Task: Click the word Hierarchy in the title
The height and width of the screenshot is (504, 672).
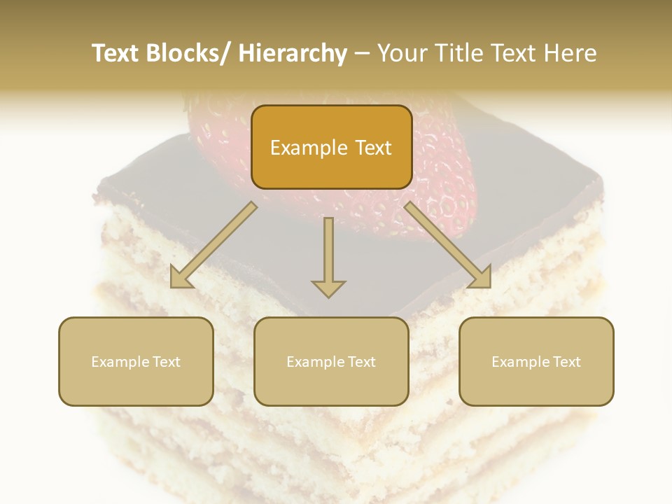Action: click(293, 54)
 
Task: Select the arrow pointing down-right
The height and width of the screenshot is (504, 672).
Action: click(448, 245)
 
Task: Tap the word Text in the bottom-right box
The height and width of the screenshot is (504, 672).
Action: click(566, 362)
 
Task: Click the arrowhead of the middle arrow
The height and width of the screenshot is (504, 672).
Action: click(328, 288)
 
